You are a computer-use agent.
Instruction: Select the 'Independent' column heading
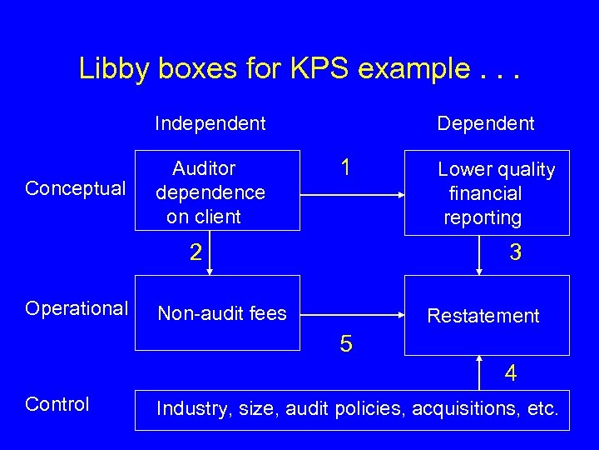coord(210,124)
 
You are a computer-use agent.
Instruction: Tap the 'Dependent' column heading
coord(486,124)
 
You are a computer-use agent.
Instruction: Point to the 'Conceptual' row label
coord(76,188)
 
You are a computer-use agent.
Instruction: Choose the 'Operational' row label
coord(76,308)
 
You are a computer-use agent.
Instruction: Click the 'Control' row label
coord(57,404)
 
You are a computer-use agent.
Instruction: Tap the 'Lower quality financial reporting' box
coord(486,193)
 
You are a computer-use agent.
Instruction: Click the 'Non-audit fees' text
coord(222,314)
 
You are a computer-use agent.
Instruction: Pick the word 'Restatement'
coord(483,316)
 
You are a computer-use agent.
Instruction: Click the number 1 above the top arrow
coord(344,168)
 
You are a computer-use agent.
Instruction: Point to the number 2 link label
coord(195,252)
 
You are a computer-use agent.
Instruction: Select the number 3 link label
coord(516,252)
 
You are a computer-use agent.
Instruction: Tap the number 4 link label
coord(511,373)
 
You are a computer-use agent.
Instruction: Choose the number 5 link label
coord(347,342)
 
